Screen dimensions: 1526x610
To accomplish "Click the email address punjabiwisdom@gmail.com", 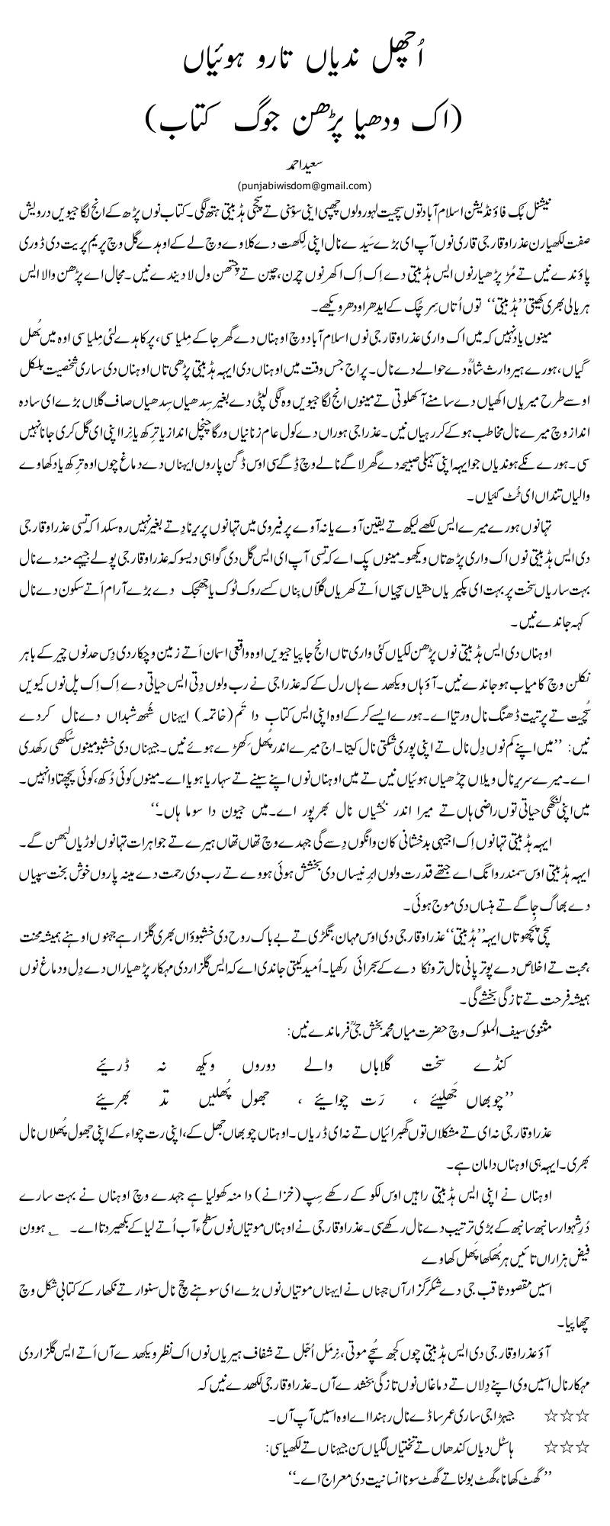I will [305, 184].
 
